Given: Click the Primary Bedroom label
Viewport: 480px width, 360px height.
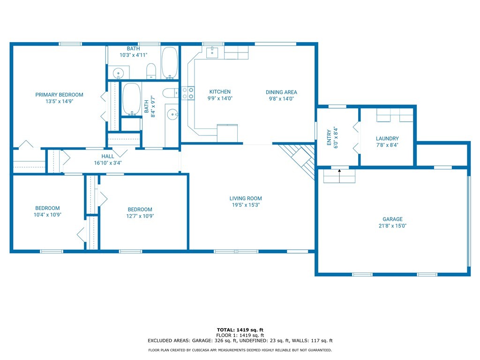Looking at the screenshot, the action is [x=59, y=95].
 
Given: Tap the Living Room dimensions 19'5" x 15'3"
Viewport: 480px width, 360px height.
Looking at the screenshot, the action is [x=246, y=205].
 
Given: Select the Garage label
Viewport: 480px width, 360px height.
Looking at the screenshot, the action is [x=392, y=219].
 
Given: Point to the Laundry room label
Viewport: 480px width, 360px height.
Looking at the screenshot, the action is [x=387, y=139].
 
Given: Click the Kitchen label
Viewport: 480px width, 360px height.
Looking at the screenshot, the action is [x=220, y=92].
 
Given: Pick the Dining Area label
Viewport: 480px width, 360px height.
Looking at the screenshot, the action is [x=281, y=92].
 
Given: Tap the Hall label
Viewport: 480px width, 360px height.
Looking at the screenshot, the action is [x=108, y=157].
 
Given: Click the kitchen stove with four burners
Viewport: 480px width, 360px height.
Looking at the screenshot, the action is [x=188, y=93].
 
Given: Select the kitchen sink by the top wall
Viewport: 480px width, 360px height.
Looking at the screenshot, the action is [x=212, y=52].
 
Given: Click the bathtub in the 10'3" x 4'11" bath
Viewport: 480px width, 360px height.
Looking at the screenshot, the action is [x=170, y=63].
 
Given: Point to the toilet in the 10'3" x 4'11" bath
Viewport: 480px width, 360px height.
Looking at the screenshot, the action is [x=151, y=71].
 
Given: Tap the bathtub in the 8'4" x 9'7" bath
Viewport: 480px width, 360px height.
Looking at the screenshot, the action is [x=131, y=99].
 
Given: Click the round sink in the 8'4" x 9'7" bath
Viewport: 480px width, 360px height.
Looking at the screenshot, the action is [x=172, y=115].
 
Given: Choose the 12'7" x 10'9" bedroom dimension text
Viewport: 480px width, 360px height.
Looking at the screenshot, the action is [x=140, y=216].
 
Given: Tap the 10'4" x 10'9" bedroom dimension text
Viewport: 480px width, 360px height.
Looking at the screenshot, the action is [x=47, y=215].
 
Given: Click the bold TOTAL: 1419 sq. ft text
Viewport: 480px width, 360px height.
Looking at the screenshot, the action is [x=240, y=330].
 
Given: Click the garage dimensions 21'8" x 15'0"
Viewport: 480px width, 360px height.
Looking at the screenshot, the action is [x=392, y=226].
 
